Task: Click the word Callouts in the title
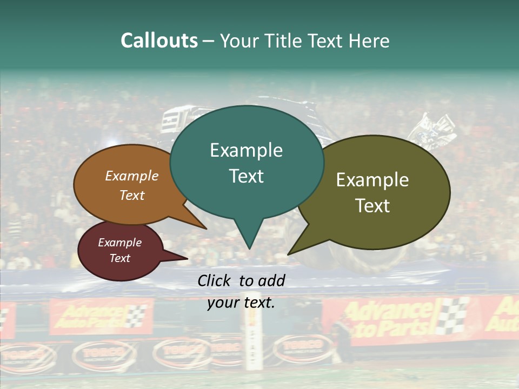[x=159, y=41]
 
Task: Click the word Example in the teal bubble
[x=246, y=150]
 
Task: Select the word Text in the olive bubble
[x=372, y=205]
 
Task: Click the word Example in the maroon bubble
[x=119, y=243]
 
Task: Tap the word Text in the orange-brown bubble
[x=131, y=195]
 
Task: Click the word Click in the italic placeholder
[x=215, y=280]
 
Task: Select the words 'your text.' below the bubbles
[x=241, y=303]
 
